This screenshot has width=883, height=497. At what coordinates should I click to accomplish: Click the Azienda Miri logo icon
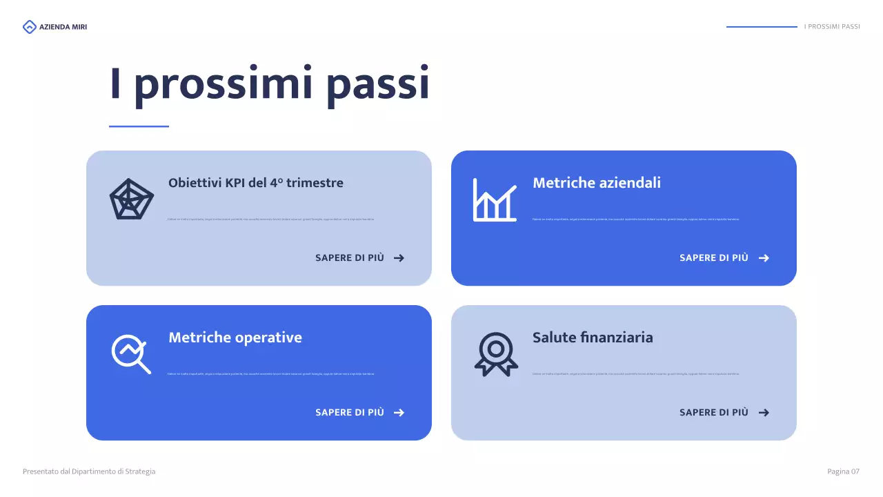[29, 27]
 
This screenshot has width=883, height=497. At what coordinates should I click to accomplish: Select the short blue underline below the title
[139, 126]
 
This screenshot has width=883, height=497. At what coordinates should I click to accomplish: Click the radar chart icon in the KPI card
[131, 199]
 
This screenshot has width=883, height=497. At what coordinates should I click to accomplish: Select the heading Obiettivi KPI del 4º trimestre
[255, 183]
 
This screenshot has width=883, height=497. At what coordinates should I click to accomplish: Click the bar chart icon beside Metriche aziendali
[495, 199]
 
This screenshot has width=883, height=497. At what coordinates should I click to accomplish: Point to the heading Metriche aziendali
[596, 183]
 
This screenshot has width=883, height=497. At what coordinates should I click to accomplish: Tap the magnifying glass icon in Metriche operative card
[131, 354]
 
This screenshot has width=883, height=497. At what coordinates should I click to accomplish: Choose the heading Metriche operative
[235, 338]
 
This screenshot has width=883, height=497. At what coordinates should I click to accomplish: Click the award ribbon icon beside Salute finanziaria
[495, 354]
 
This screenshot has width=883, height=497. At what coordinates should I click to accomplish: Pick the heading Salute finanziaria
[592, 338]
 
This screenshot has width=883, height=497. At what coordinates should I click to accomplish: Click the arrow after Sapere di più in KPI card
[399, 258]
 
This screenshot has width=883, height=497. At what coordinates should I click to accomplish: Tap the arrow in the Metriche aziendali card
[764, 258]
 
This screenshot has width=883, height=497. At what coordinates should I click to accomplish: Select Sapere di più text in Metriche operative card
[349, 413]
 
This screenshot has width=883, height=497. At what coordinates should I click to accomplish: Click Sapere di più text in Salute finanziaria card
[713, 413]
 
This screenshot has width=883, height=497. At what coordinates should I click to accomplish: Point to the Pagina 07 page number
[843, 471]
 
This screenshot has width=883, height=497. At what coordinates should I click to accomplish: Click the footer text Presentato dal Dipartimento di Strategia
[89, 471]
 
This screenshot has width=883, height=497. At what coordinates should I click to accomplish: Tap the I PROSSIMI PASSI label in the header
[832, 27]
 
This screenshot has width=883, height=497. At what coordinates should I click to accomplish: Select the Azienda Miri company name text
[63, 27]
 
